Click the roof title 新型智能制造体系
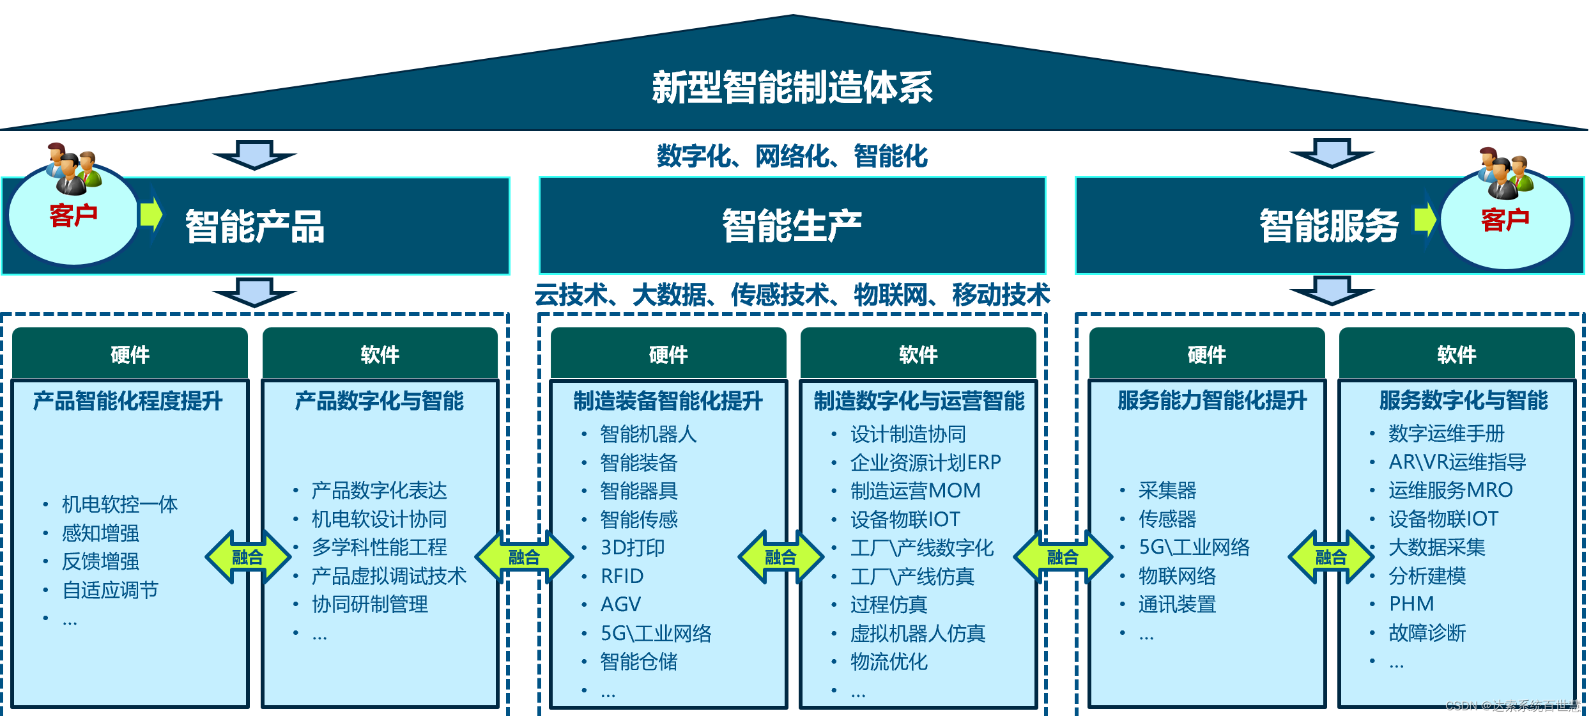(792, 88)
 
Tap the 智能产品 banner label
(254, 226)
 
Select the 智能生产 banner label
(792, 226)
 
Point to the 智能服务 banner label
(1329, 226)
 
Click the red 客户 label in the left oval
(73, 215)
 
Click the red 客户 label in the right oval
(1505, 219)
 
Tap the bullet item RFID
(622, 576)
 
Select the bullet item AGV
(620, 604)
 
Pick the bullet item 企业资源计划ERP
(925, 462)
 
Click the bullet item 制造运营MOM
(915, 490)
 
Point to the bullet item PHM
(1411, 604)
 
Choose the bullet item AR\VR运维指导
(1457, 462)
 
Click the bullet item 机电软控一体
(119, 504)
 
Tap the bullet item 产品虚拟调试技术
(388, 576)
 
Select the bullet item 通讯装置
(1177, 604)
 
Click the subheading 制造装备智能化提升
(668, 401)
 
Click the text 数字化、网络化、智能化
(792, 156)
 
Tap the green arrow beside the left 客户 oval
(151, 214)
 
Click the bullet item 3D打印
(633, 547)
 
